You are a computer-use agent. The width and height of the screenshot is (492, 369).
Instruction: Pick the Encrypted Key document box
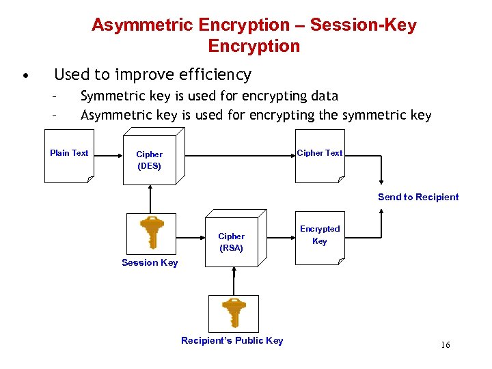(x=319, y=238)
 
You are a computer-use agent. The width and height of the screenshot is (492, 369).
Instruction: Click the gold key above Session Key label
(x=151, y=232)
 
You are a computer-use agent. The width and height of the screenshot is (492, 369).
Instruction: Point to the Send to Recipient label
(x=418, y=197)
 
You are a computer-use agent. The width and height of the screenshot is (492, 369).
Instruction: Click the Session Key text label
(x=150, y=262)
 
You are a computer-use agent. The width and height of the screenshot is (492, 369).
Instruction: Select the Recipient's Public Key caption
(x=232, y=340)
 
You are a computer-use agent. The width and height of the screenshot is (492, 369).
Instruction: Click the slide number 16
(x=445, y=345)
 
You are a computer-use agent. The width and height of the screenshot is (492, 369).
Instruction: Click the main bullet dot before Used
(x=25, y=75)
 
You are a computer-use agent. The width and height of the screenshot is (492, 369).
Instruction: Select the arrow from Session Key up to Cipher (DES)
(x=150, y=199)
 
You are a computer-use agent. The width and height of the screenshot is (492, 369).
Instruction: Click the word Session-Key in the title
(x=363, y=25)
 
